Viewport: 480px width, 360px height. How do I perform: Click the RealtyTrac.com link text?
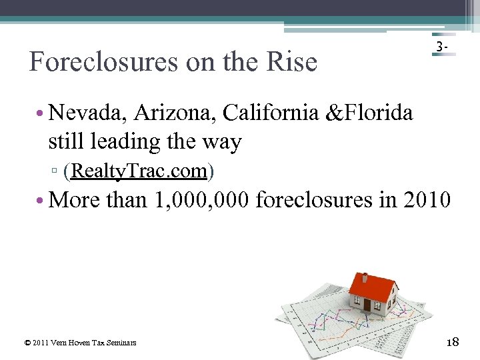139,171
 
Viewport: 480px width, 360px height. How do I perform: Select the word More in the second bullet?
75,199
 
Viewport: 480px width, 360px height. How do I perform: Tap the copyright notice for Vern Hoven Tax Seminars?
80,343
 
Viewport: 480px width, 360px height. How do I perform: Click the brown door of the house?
367,305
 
